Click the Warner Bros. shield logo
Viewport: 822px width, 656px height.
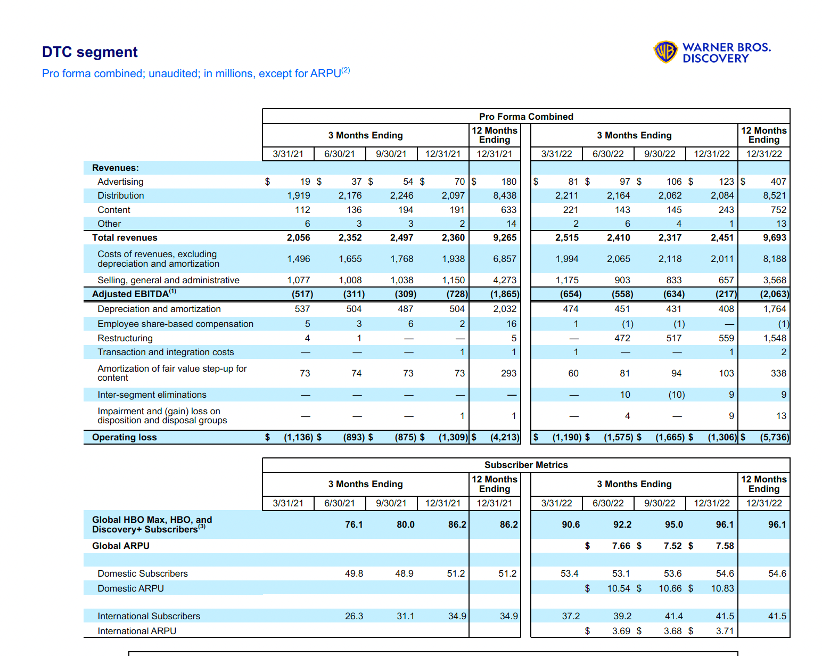[x=665, y=52]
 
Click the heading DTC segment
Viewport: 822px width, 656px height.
[x=90, y=52]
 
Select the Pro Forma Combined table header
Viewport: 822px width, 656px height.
[x=526, y=117]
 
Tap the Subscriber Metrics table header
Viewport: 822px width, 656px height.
[x=526, y=465]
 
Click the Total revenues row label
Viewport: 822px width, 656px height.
[x=125, y=237]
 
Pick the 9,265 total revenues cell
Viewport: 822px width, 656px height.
[x=505, y=237]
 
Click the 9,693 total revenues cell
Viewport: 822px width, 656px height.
[x=775, y=237]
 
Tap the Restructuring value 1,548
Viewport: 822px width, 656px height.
[x=775, y=338]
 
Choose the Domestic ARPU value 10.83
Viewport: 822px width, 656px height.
[x=722, y=588]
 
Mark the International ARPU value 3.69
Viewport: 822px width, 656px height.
[x=621, y=631]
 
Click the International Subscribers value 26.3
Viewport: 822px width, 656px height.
[x=354, y=616]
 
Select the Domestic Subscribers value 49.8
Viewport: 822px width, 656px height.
[x=354, y=573]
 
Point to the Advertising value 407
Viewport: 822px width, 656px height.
[x=778, y=182]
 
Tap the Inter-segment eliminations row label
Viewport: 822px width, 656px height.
[x=152, y=395]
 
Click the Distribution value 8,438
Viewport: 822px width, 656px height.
[x=505, y=195]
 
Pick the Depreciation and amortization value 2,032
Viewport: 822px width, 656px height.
[x=505, y=309]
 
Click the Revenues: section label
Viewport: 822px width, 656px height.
[x=116, y=168]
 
